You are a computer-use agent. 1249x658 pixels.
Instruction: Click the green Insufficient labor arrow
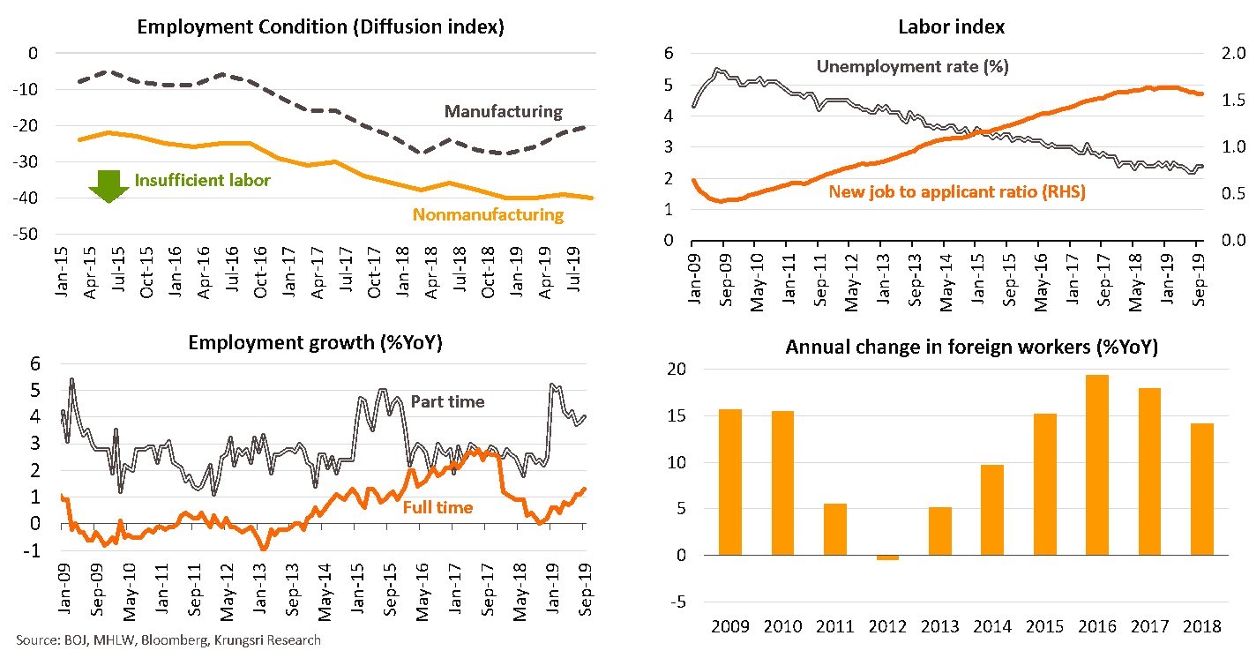point(109,183)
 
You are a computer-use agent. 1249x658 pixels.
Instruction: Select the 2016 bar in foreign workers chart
point(1096,465)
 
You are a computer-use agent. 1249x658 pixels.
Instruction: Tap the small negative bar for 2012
point(888,557)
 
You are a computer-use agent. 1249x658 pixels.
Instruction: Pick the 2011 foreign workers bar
point(835,529)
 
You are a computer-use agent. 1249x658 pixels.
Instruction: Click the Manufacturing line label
point(503,111)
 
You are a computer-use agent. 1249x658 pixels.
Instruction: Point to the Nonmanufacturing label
point(488,214)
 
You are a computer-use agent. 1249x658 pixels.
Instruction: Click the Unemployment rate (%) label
point(912,66)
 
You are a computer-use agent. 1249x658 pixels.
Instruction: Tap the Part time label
point(448,401)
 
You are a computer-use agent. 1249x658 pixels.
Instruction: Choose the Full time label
point(438,507)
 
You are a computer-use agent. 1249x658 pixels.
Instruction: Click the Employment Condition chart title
point(320,26)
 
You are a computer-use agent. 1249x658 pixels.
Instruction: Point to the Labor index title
point(951,26)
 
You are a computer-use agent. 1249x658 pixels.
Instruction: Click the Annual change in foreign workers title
point(971,347)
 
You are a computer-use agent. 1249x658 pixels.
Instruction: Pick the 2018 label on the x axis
point(1200,626)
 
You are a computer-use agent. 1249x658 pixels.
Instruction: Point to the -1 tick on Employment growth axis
point(35,551)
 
